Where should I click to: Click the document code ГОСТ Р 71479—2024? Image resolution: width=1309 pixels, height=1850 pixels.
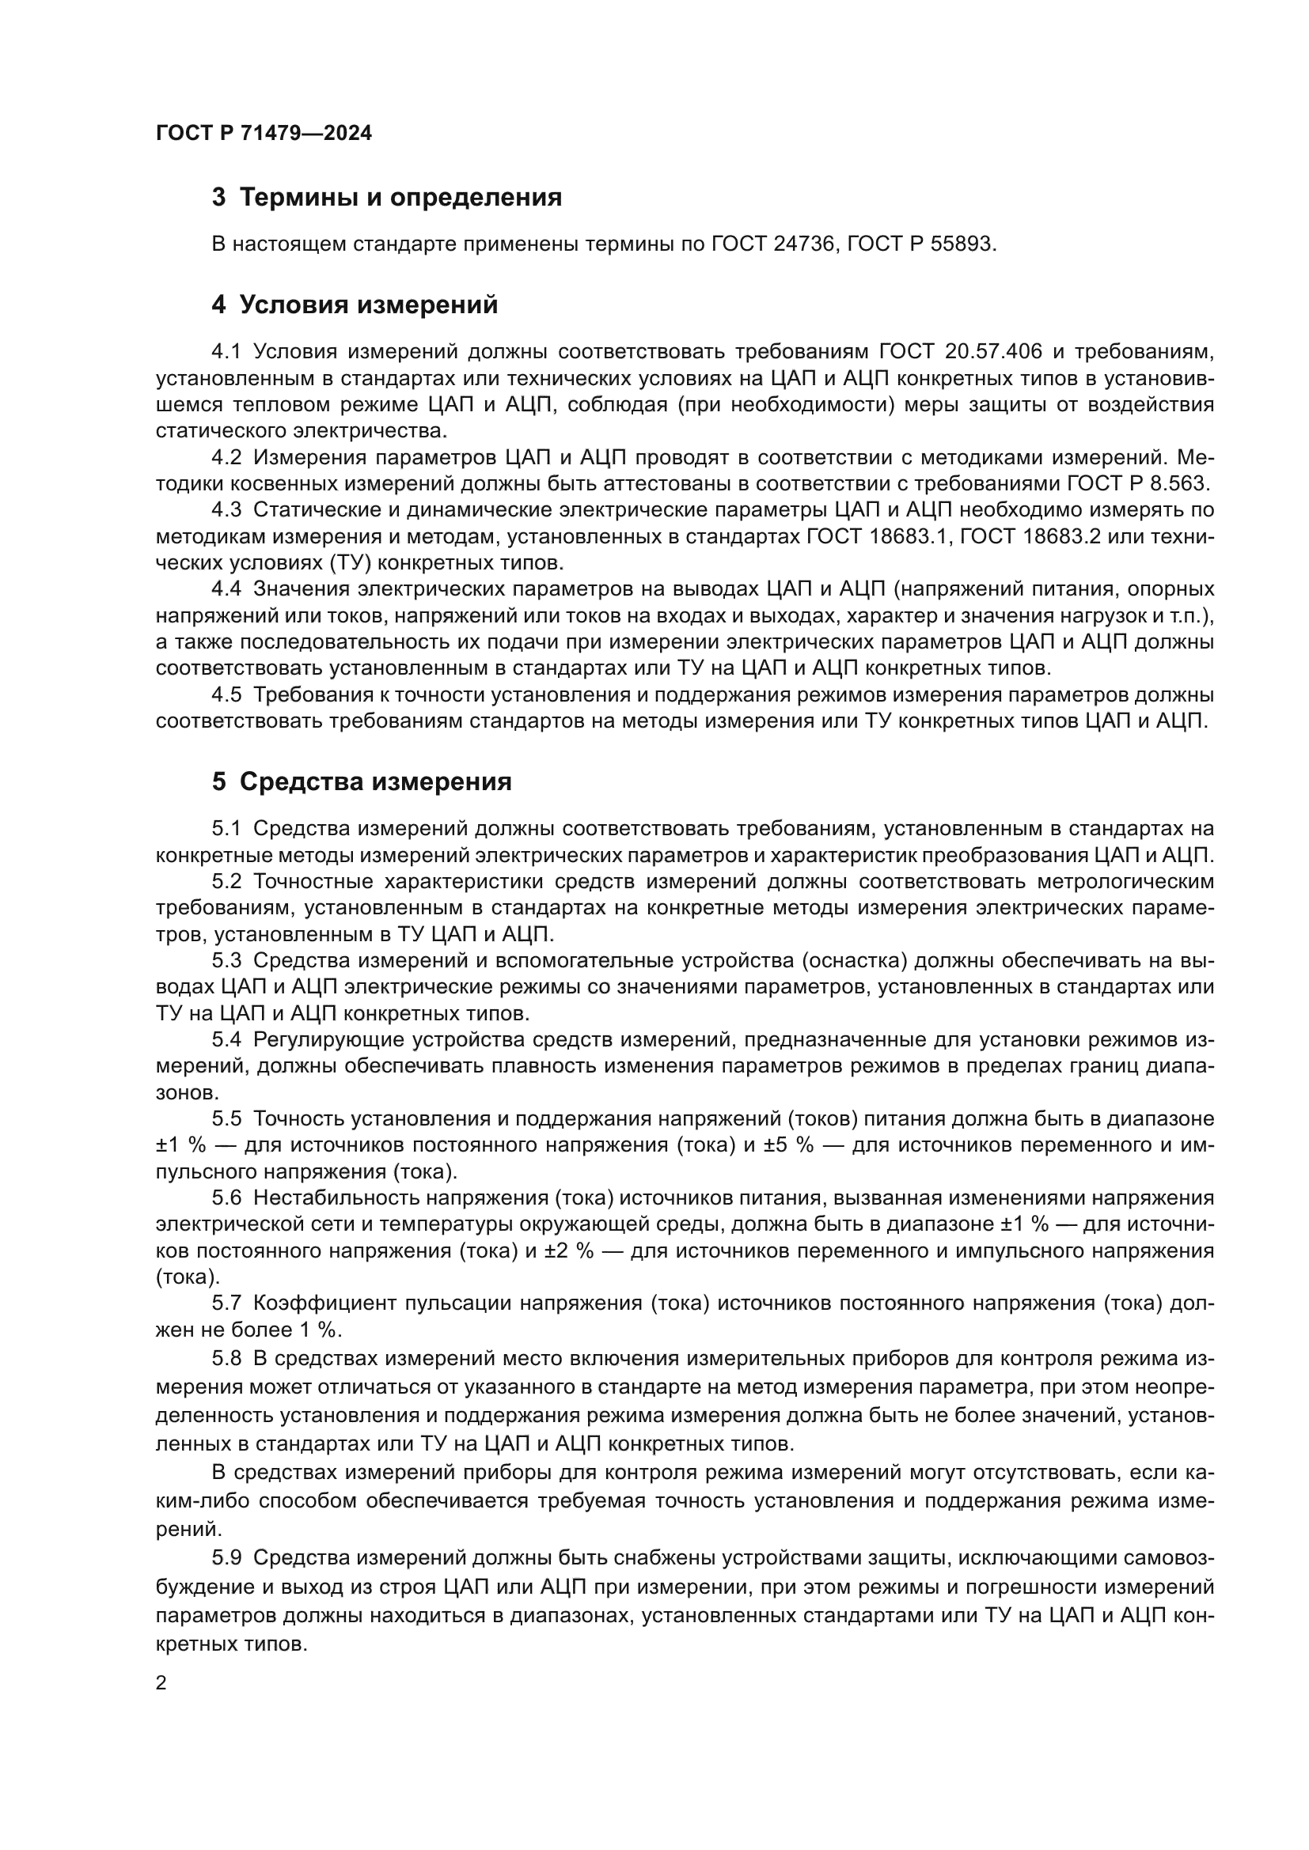pos(264,134)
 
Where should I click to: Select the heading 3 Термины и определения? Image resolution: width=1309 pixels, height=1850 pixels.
pos(387,198)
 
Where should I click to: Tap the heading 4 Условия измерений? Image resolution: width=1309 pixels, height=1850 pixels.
pos(355,305)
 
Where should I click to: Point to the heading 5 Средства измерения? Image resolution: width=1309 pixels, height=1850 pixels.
pos(362,781)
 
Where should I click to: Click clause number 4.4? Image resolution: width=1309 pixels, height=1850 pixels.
pos(226,589)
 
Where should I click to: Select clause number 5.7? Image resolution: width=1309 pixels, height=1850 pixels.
pos(226,1303)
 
